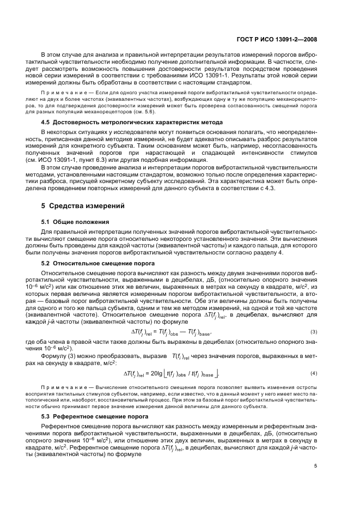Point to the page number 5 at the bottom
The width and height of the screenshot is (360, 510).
point(315,466)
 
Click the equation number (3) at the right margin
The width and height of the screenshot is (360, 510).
point(313,332)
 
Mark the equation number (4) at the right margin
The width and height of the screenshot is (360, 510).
point(313,373)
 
